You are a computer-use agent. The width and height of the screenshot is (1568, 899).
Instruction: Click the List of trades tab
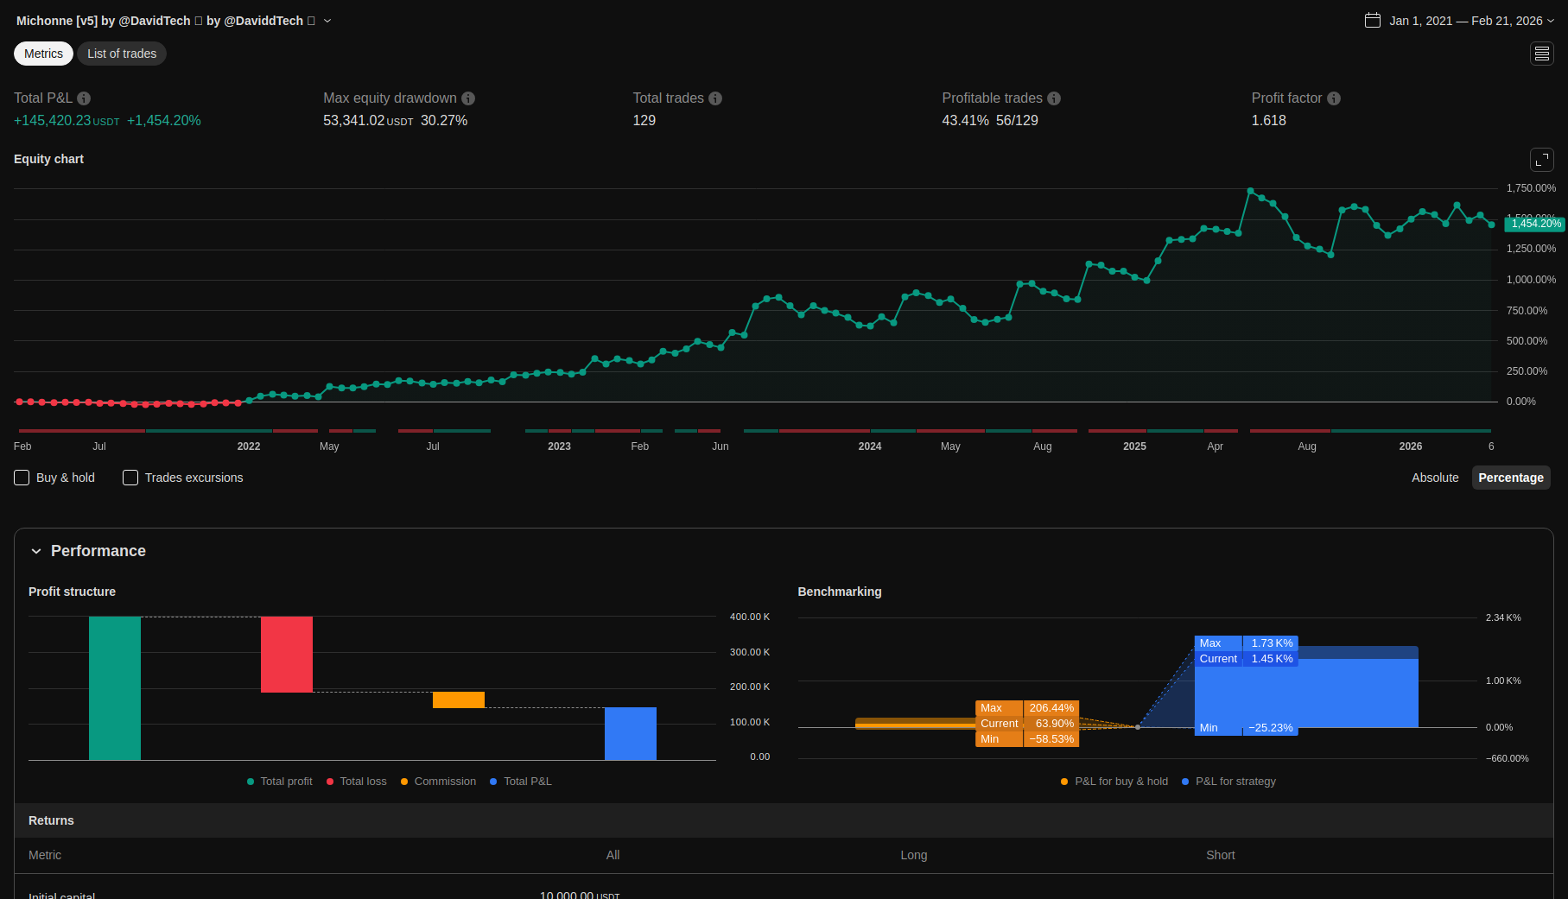click(122, 54)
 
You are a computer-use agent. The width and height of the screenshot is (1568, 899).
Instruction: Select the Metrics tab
click(43, 54)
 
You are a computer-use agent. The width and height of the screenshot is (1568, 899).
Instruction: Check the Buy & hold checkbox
click(22, 478)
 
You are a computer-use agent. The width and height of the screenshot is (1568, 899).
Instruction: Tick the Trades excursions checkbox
click(130, 478)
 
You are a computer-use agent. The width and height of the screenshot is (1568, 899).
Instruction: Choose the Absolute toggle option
click(1434, 478)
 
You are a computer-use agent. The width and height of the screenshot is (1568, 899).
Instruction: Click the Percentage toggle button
click(1510, 478)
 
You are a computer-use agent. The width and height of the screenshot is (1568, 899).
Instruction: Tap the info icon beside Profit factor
click(1334, 98)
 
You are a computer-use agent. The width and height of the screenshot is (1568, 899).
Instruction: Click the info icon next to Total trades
click(715, 98)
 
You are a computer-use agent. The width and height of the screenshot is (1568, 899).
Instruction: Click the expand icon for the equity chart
click(1541, 160)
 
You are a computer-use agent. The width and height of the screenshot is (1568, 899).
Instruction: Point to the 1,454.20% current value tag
click(1535, 224)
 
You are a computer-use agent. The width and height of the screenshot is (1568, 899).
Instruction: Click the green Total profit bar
click(115, 688)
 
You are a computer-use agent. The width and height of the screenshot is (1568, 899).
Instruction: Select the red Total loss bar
click(287, 654)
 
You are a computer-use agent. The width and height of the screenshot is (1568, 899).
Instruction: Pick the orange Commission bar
click(459, 700)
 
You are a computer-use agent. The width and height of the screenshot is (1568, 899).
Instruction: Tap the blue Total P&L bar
click(631, 733)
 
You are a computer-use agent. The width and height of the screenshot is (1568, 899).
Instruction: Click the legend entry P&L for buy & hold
click(1120, 782)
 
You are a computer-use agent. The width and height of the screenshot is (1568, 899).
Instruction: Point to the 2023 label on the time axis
click(559, 446)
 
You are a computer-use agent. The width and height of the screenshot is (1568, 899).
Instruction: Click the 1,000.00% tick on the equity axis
click(1531, 280)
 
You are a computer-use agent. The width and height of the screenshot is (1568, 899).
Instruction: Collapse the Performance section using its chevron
click(36, 551)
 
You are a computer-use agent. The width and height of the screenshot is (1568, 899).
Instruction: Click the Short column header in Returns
click(1220, 855)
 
